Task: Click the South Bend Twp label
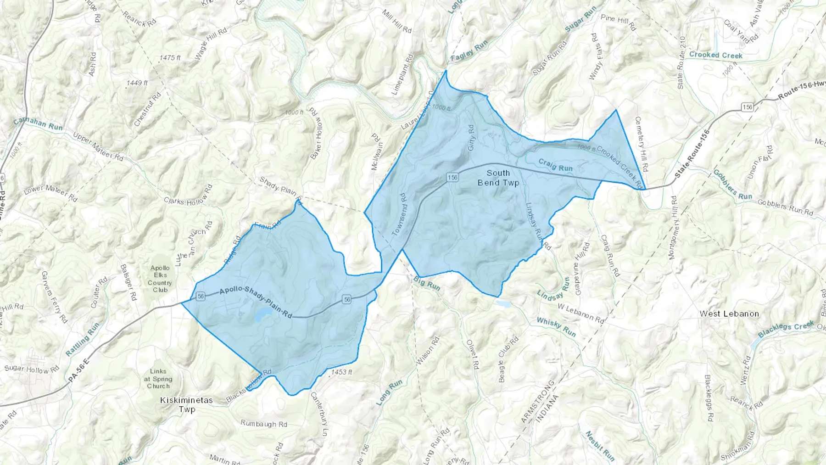(498, 178)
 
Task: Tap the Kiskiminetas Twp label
(187, 404)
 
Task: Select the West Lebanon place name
(729, 314)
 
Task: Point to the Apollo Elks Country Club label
(160, 279)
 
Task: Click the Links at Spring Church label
(158, 379)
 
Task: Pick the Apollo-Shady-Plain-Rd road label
(256, 303)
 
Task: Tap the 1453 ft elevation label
(341, 372)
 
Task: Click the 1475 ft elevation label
(170, 58)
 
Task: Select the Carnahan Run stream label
(38, 124)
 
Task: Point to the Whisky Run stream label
(556, 327)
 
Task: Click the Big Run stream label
(427, 284)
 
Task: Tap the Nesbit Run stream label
(599, 445)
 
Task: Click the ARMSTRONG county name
(538, 402)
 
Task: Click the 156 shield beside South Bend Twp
(452, 177)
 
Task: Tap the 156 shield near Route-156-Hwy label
(748, 107)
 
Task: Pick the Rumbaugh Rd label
(264, 424)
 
